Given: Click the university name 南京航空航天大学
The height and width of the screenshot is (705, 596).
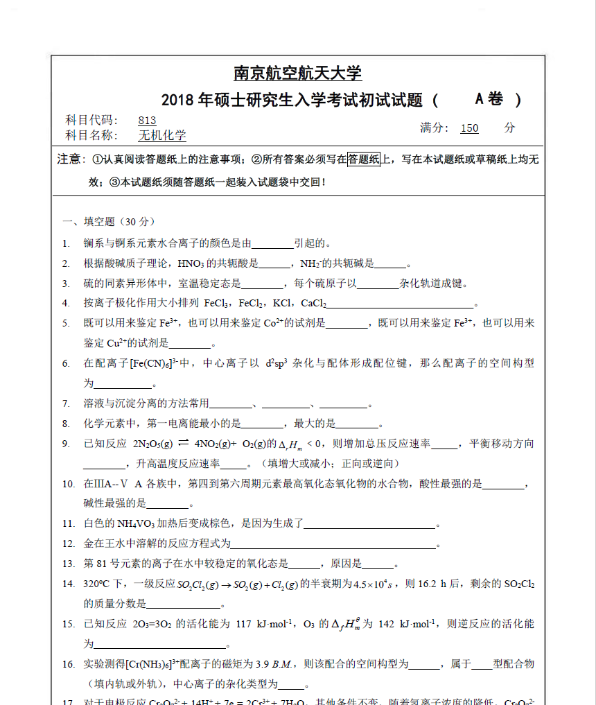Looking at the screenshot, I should [x=298, y=73].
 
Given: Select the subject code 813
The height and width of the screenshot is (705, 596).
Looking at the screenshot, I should [x=147, y=120].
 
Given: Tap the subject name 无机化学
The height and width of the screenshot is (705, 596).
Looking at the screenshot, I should [x=162, y=136].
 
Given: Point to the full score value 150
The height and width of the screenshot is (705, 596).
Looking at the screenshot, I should [x=469, y=128].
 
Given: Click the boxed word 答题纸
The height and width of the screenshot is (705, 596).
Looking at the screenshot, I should [x=364, y=159].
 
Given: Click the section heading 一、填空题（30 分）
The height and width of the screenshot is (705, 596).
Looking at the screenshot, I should [x=109, y=222].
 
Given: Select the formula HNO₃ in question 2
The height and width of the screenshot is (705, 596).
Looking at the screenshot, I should [x=191, y=263].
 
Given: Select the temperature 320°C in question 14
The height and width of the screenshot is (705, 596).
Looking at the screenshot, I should [x=98, y=584].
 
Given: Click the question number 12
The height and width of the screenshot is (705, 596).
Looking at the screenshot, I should [x=68, y=544].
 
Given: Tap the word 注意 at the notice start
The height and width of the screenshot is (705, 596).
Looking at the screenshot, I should [x=70, y=160].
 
